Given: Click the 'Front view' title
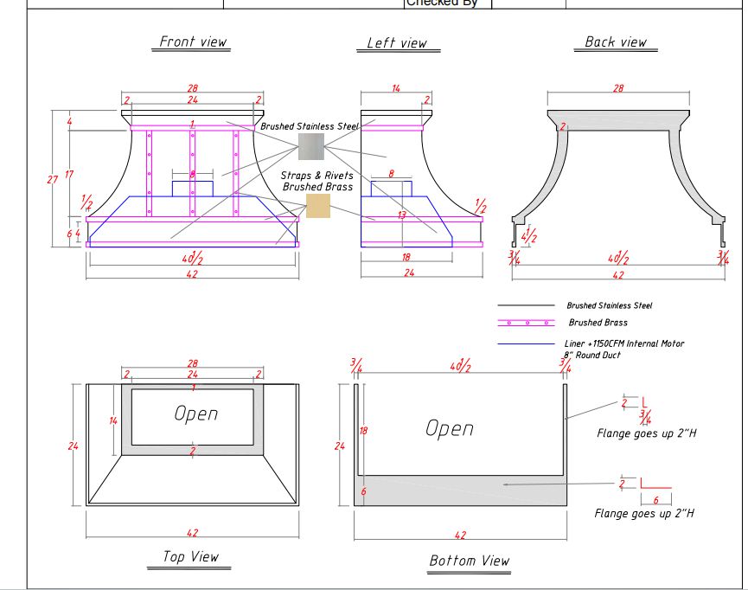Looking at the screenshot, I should point(193,42).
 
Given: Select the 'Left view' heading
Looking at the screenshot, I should point(397,43).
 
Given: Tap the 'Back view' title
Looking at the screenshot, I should point(615,42).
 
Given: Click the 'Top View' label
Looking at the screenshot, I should point(191,557).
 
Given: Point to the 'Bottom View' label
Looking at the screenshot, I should point(470,561).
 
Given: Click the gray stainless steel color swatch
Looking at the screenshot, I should point(310,146).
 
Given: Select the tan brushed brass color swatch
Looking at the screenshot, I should point(318,206).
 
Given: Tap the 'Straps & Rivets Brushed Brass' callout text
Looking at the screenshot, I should point(316,181).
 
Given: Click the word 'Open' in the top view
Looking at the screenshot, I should point(195,414).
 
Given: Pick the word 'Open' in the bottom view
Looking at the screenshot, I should point(449,428).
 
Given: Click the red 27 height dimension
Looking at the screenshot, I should point(54,179).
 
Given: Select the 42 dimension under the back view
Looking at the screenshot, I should point(617,275).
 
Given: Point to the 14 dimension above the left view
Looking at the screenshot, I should point(396,88).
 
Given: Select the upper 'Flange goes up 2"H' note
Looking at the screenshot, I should point(646,433).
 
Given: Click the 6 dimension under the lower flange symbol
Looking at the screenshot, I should point(655,501).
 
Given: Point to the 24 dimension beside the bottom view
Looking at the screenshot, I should point(339,446).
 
